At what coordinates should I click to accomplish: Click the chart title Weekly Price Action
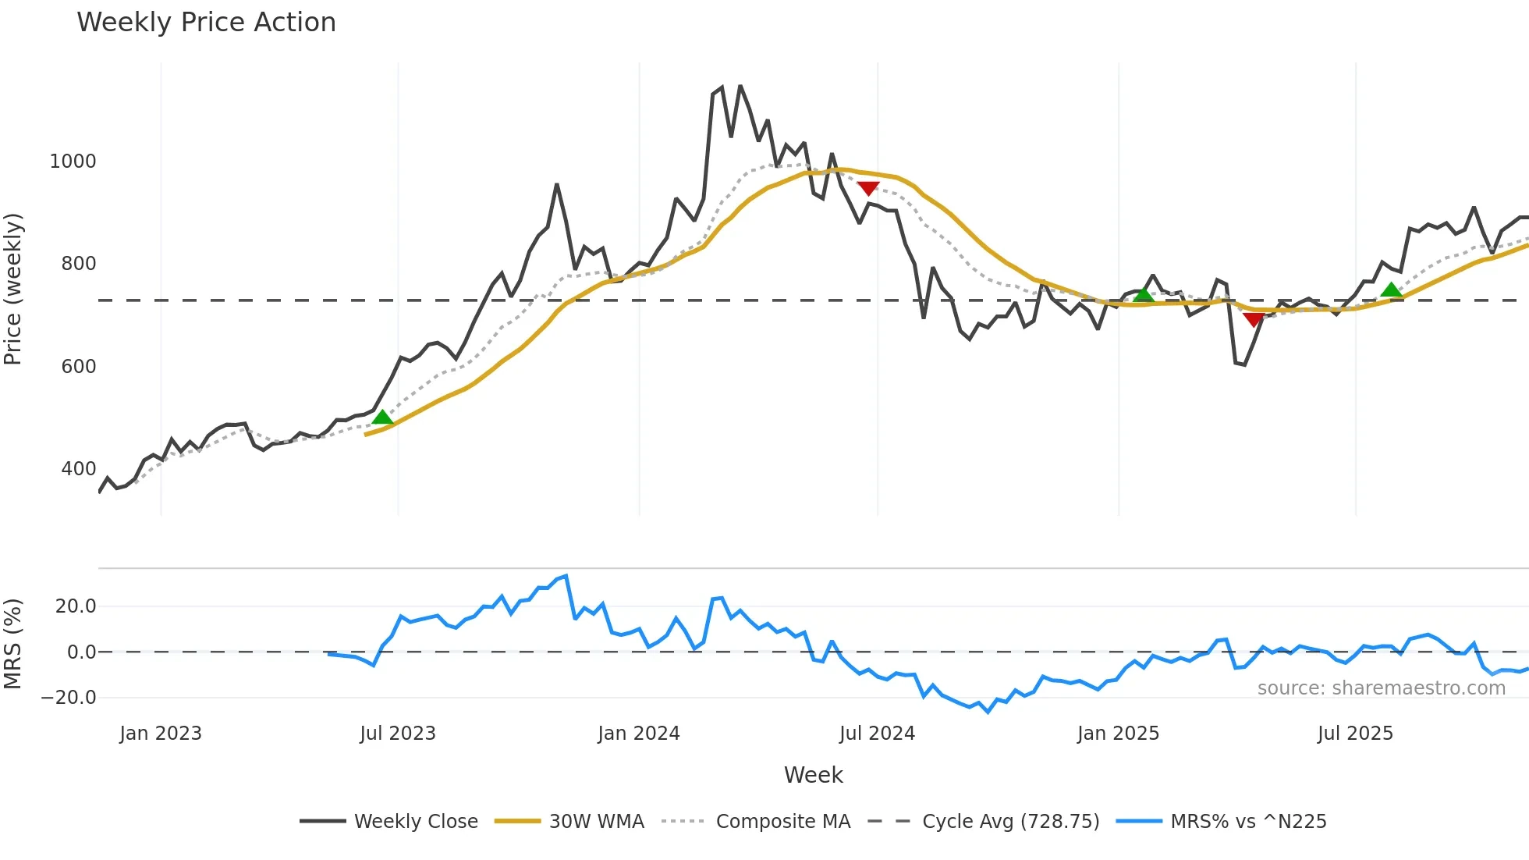206,23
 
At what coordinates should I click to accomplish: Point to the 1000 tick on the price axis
73,162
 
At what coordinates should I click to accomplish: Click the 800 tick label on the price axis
79,264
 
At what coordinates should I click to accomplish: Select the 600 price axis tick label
79,367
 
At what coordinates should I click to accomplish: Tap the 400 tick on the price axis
79,469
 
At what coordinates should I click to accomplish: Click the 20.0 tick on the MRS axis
76,606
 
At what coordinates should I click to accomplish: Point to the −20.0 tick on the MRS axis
69,698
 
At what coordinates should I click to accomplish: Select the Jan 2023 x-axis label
161,734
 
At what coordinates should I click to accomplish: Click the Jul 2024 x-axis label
877,734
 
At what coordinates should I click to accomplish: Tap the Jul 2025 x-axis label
1355,734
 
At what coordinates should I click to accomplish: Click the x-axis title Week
813,775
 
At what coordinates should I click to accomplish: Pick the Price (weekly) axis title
13,290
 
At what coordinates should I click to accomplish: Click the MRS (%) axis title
13,644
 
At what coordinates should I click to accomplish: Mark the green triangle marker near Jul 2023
382,418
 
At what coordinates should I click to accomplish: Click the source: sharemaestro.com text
1381,688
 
